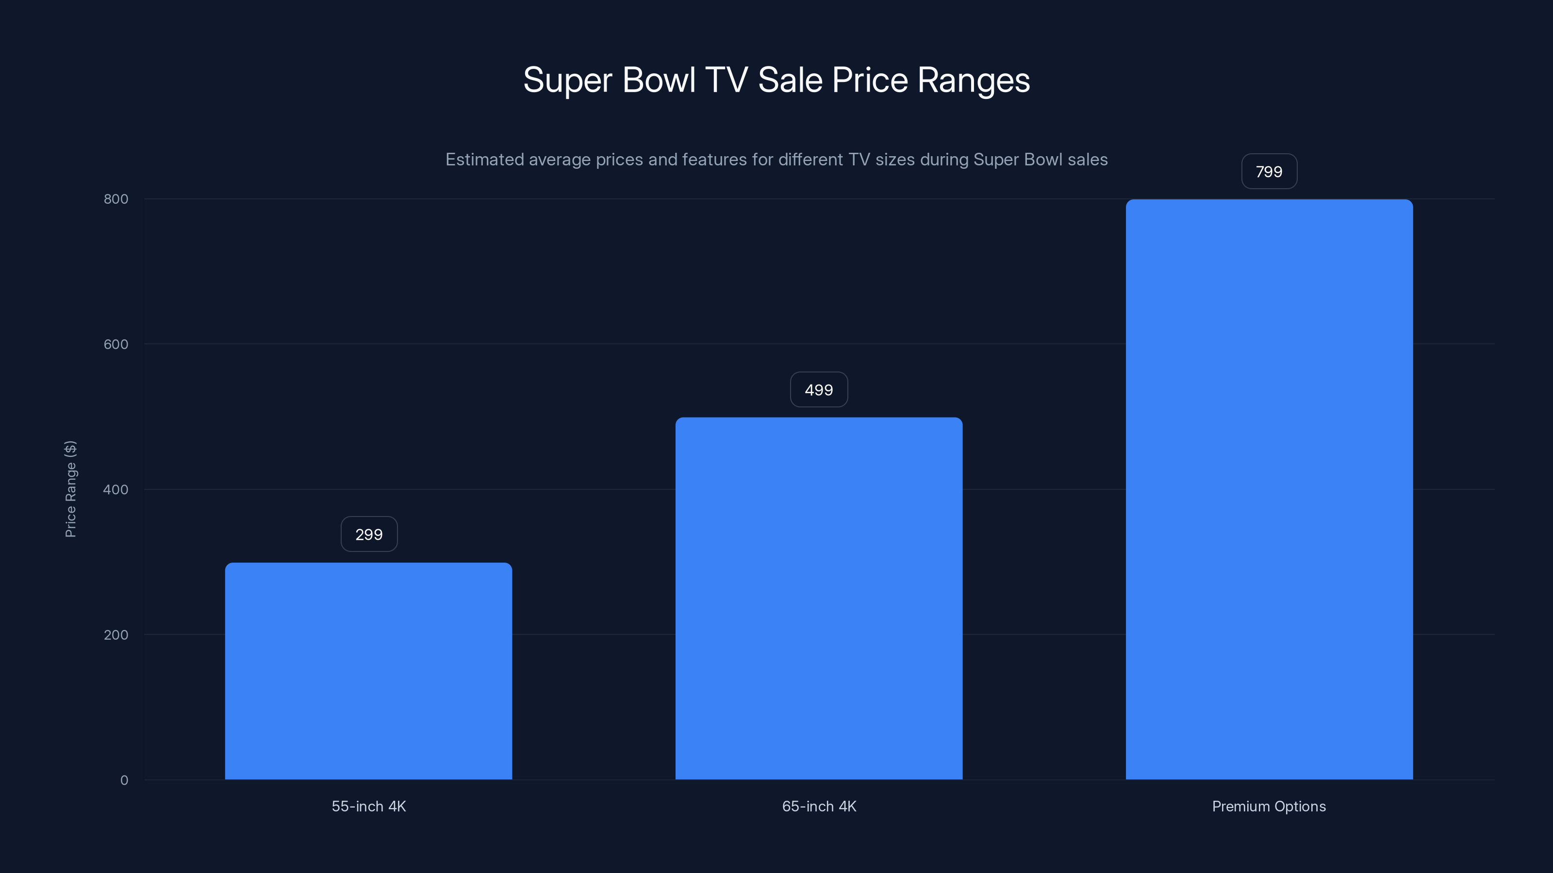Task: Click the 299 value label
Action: click(369, 534)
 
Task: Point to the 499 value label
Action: click(819, 390)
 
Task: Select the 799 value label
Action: click(1269, 172)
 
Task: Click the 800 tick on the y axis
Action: click(116, 199)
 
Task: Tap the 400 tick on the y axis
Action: click(116, 489)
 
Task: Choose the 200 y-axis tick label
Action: click(116, 634)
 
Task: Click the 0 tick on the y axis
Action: click(124, 780)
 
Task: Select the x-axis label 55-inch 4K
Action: click(368, 806)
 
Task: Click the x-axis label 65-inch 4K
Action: click(819, 806)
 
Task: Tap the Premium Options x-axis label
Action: click(1269, 806)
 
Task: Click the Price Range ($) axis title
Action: click(70, 488)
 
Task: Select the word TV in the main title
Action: click(727, 80)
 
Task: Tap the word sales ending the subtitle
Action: click(1088, 160)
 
